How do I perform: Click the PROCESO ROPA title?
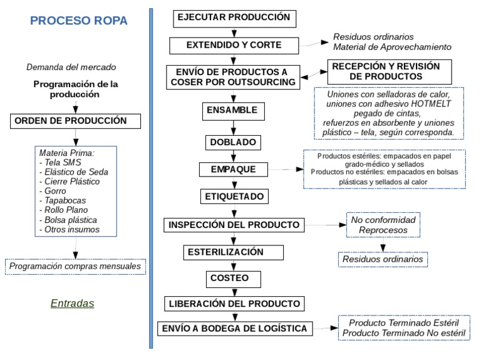(79, 21)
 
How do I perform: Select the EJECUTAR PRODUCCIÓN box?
(234, 18)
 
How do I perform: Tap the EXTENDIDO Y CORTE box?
(234, 46)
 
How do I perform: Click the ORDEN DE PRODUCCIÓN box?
(75, 121)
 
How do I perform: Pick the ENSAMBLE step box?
(231, 111)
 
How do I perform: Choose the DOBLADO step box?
(231, 142)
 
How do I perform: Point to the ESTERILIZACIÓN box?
(234, 252)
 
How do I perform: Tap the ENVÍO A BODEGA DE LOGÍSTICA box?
(234, 328)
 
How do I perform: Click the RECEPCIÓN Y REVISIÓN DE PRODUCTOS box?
(385, 71)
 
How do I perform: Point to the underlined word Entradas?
(72, 304)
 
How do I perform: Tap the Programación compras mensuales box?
(75, 267)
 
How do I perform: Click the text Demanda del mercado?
(71, 67)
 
